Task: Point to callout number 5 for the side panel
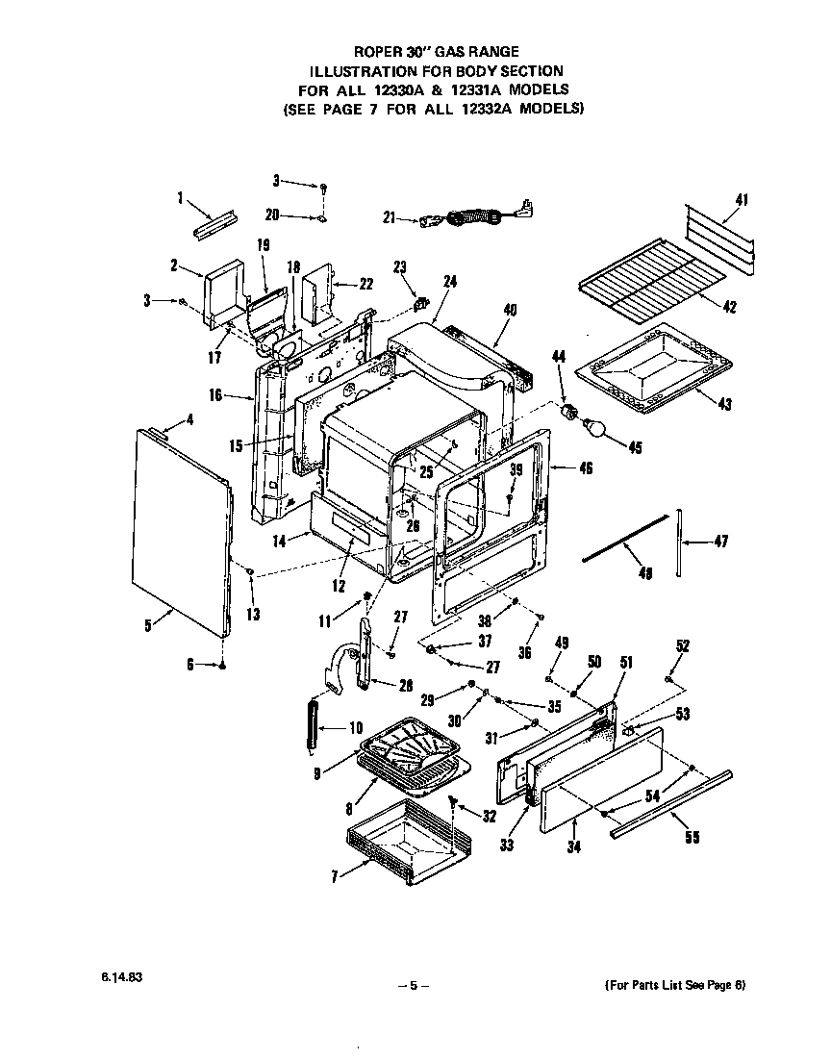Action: [147, 626]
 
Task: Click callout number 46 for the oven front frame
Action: [586, 468]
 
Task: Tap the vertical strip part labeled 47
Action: [679, 543]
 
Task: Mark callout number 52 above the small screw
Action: [682, 646]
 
